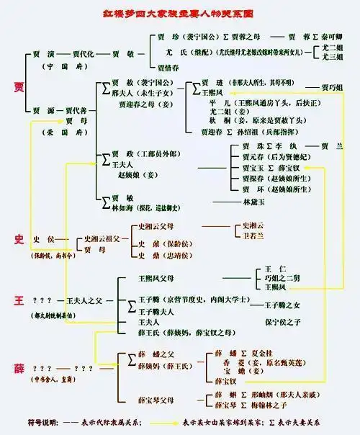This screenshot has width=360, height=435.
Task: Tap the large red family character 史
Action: click(x=19, y=238)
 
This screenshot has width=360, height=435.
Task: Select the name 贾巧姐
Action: click(x=332, y=87)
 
